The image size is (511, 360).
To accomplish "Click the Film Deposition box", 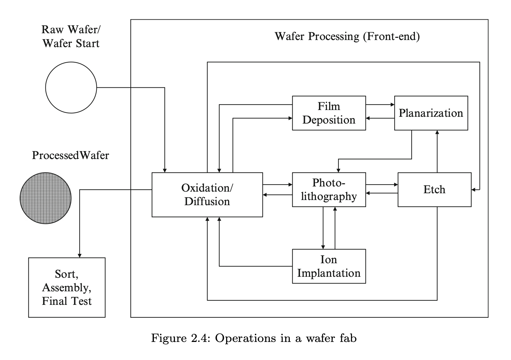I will [329, 113].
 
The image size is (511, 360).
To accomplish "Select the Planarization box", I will [431, 113].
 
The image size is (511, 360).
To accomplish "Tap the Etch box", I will [434, 189].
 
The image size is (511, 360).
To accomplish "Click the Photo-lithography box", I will [329, 189].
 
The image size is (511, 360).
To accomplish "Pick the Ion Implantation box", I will [329, 266].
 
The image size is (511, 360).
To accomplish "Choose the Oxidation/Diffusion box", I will [207, 195].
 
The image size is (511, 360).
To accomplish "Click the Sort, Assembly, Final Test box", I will [67, 287].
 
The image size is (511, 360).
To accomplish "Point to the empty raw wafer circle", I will [71, 87].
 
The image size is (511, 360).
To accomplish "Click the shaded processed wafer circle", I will [45, 198].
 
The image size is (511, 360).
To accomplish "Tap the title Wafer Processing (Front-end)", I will [347, 36].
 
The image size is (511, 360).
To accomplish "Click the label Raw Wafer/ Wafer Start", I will [71, 36].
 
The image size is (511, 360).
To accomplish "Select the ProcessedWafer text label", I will [70, 155].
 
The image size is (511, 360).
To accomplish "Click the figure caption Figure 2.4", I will [254, 338].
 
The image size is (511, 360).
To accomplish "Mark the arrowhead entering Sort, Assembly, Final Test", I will [80, 255].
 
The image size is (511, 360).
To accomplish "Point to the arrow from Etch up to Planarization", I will [437, 152].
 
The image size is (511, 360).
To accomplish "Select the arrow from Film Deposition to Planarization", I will [380, 105].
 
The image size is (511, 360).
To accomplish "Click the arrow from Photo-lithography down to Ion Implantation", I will [323, 228].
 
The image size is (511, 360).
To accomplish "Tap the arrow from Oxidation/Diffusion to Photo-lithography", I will [277, 185].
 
